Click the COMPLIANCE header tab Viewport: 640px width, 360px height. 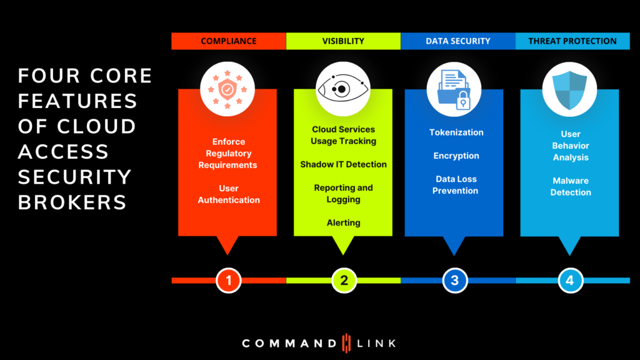click(228, 41)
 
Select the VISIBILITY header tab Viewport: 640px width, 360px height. click(343, 41)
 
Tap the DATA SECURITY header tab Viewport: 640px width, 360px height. click(457, 41)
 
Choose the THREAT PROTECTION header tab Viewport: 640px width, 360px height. click(572, 41)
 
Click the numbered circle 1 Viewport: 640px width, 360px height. click(229, 281)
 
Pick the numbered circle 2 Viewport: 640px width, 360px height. click(344, 281)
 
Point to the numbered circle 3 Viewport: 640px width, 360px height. click(454, 281)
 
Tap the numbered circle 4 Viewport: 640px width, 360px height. click(569, 281)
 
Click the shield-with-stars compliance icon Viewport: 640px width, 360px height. click(227, 89)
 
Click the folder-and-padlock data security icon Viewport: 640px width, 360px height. click(454, 89)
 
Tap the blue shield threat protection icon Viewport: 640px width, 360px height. click(569, 89)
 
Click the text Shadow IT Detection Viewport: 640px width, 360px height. click(343, 164)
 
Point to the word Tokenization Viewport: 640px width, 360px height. click(456, 132)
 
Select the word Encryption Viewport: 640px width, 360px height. click(456, 156)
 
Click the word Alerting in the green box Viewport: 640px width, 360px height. click(343, 222)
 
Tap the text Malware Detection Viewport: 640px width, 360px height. click(570, 186)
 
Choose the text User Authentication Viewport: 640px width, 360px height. click(229, 194)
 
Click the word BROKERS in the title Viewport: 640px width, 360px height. click(72, 202)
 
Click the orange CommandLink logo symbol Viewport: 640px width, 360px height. click(347, 343)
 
